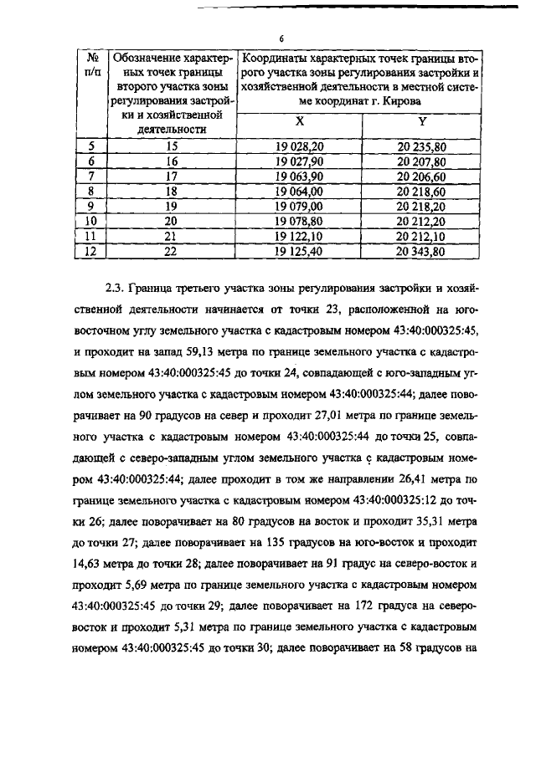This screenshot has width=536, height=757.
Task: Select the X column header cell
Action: [x=300, y=122]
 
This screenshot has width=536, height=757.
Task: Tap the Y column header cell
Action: [x=422, y=122]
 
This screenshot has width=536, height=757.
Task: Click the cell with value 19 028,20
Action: [x=300, y=146]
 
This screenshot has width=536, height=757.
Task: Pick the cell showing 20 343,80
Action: [x=422, y=250]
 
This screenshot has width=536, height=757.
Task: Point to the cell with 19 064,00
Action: [x=300, y=191]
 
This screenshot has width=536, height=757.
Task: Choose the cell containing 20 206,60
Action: [x=422, y=176]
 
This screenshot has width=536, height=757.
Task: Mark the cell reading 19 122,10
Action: [x=300, y=235]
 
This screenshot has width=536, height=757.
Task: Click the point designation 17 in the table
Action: [x=173, y=176]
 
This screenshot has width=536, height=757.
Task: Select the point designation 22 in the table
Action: [x=173, y=250]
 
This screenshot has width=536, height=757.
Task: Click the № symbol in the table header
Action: [x=90, y=59]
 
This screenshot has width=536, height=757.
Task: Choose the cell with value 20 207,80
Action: [x=422, y=161]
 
